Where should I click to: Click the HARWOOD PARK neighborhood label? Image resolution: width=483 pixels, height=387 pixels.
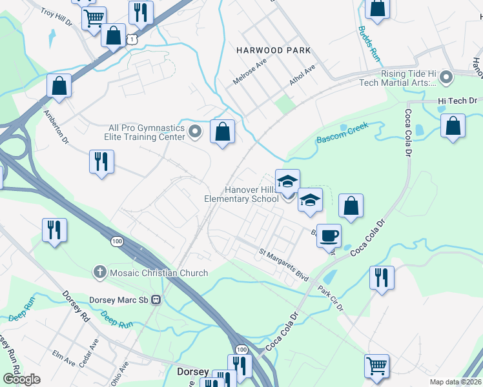(x=273, y=50)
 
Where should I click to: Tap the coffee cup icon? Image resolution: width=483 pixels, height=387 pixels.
(x=329, y=235)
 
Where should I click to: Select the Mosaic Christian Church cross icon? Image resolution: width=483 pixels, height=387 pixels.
(x=99, y=273)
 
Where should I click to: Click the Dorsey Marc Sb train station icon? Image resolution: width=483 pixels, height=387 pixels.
(x=156, y=300)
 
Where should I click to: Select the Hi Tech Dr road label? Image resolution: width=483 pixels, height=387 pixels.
(x=457, y=101)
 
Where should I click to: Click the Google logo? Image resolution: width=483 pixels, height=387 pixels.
(x=21, y=379)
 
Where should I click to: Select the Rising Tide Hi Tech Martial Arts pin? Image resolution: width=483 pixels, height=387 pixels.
(x=446, y=78)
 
